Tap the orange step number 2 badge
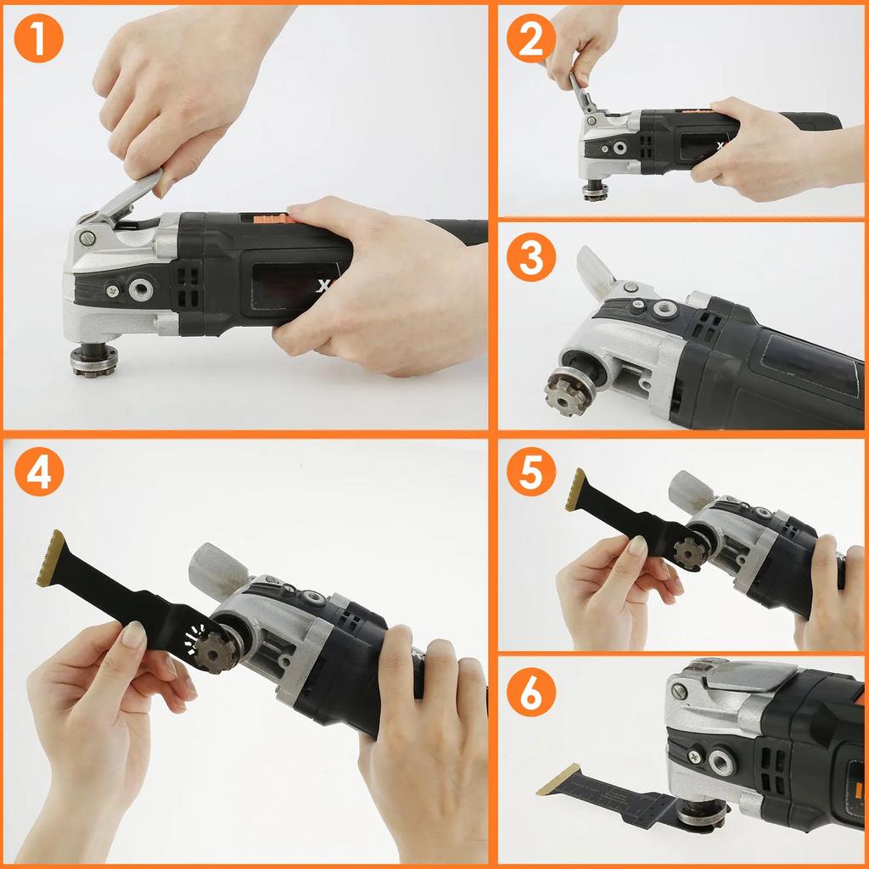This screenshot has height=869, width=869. point(531,37)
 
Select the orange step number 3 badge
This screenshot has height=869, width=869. point(531,258)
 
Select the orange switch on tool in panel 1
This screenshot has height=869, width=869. point(270,217)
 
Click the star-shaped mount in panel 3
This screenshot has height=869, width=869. point(567,391)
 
